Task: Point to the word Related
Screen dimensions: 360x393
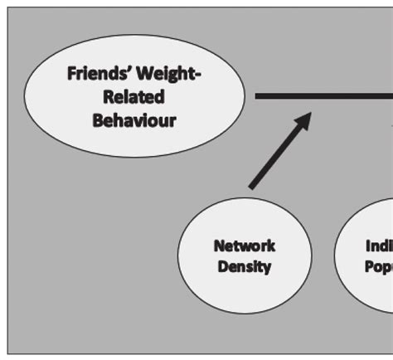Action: click(x=134, y=97)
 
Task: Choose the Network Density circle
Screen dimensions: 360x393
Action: click(x=245, y=256)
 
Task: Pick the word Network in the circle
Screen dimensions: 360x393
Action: click(x=245, y=246)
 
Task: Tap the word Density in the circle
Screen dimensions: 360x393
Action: click(x=245, y=267)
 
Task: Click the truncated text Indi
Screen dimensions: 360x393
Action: click(x=378, y=246)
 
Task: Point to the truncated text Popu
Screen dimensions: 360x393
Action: click(x=378, y=267)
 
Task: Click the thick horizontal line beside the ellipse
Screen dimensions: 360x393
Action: click(x=323, y=96)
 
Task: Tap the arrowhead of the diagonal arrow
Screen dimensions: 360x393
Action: click(x=303, y=120)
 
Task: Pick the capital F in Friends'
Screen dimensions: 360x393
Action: click(x=72, y=75)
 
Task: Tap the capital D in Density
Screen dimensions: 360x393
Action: click(x=223, y=267)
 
